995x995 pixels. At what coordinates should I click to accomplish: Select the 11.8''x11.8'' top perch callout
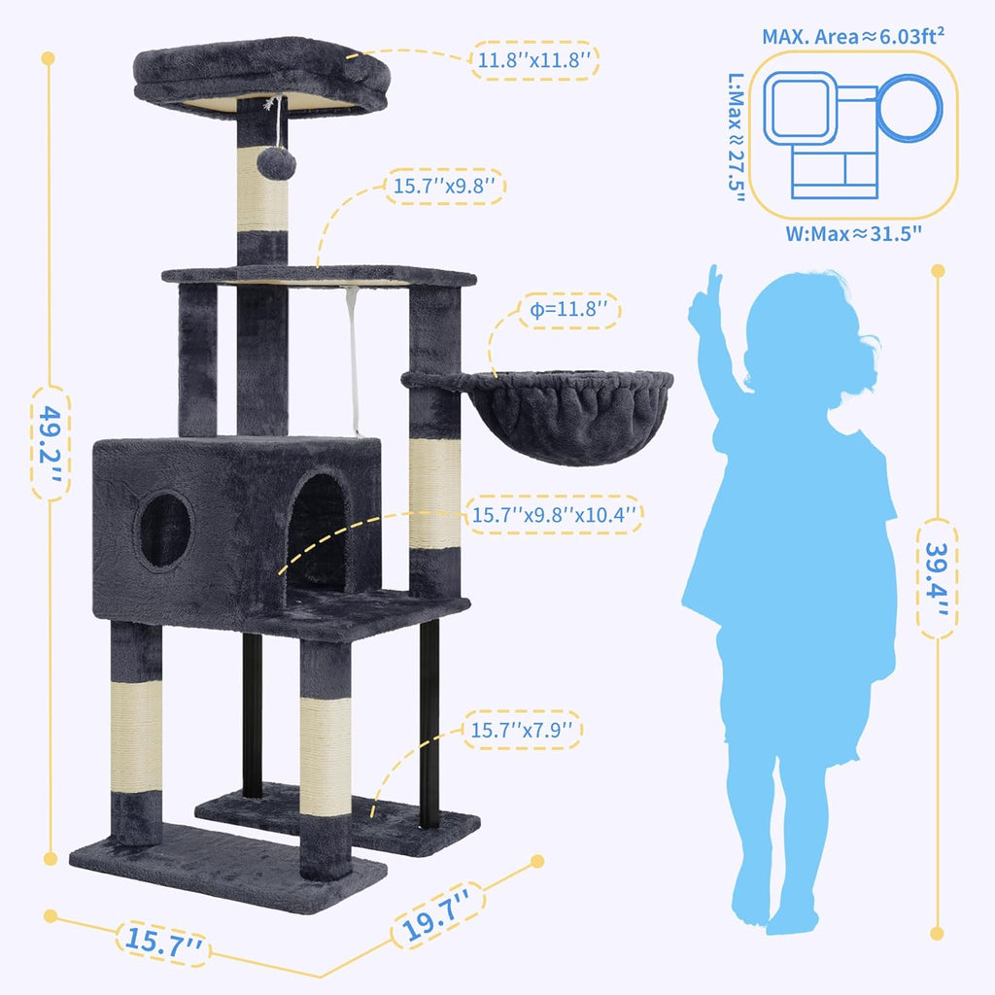(534, 60)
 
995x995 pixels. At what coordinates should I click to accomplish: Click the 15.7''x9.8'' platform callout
(448, 186)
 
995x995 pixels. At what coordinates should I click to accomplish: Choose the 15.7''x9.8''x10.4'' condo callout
(555, 514)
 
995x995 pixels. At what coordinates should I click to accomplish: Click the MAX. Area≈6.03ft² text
(854, 38)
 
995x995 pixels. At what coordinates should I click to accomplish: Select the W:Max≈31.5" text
(853, 233)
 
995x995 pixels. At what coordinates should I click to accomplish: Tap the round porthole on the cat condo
(164, 530)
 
